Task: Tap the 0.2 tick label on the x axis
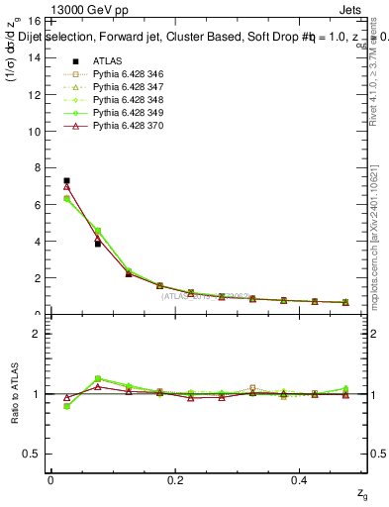coord(176,480)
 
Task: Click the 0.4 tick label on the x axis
coord(302,480)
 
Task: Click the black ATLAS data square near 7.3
coord(66,181)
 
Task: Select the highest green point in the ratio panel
coord(98,378)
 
